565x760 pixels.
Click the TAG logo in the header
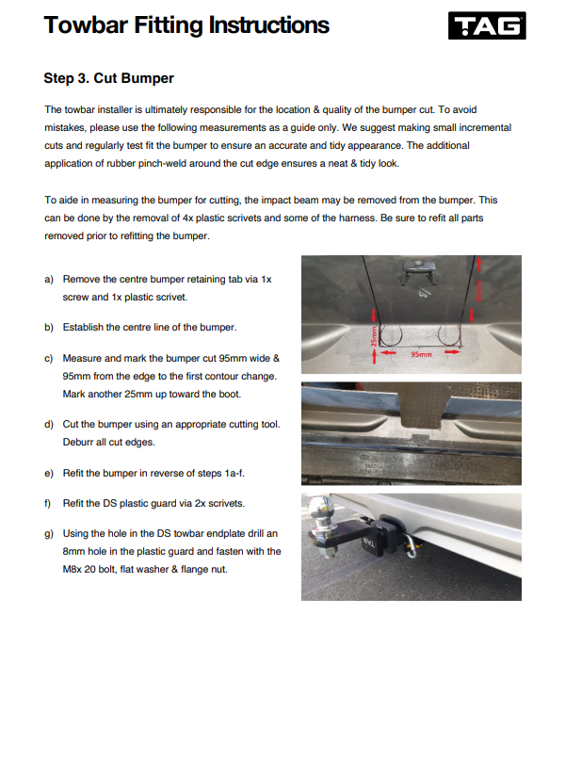(486, 26)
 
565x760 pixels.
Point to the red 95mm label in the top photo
(423, 355)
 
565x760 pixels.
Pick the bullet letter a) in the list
(49, 280)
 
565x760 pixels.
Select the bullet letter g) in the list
(49, 535)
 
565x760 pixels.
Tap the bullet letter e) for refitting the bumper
(49, 473)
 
